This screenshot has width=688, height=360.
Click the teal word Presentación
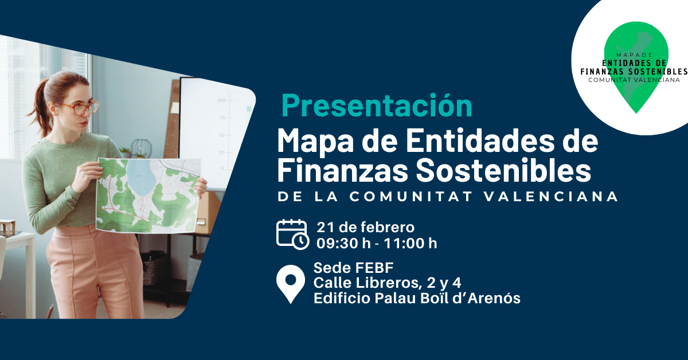[377, 106]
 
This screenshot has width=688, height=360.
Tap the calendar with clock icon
[292, 234]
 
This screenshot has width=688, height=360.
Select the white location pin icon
[291, 284]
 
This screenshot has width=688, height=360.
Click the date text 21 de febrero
[366, 228]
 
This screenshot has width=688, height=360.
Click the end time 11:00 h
[411, 243]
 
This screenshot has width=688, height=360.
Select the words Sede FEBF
[353, 268]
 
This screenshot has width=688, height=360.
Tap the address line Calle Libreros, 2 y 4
[388, 283]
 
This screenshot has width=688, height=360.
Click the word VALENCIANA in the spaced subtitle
[551, 197]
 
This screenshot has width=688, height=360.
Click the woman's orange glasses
[81, 108]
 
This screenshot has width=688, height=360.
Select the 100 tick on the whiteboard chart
[221, 100]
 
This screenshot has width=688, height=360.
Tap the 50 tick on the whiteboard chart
[222, 135]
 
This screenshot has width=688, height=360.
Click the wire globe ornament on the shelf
[141, 148]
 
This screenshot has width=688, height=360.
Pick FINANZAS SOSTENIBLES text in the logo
[634, 72]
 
